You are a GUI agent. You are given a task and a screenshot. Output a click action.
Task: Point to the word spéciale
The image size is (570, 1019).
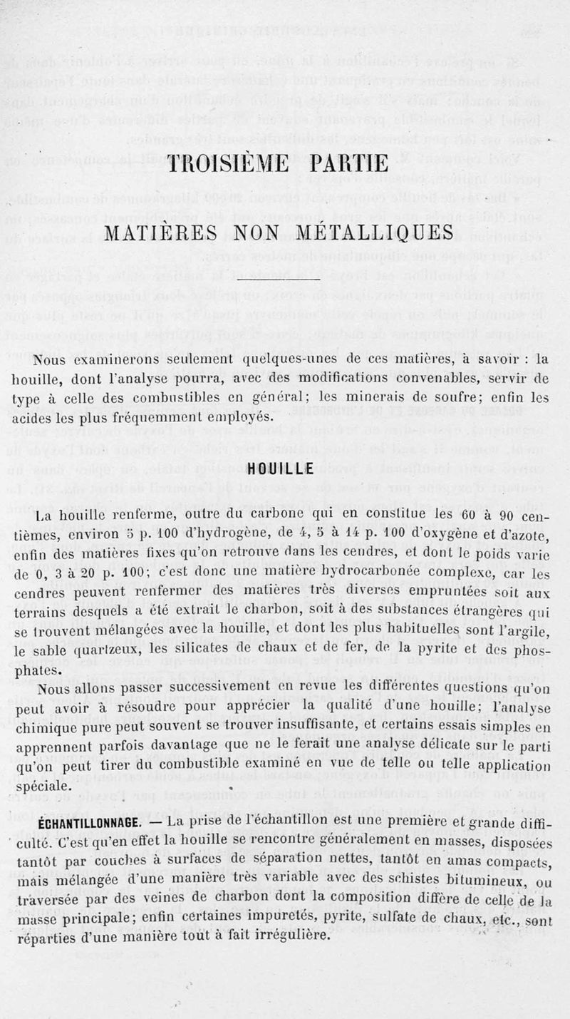[x=44, y=787]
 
